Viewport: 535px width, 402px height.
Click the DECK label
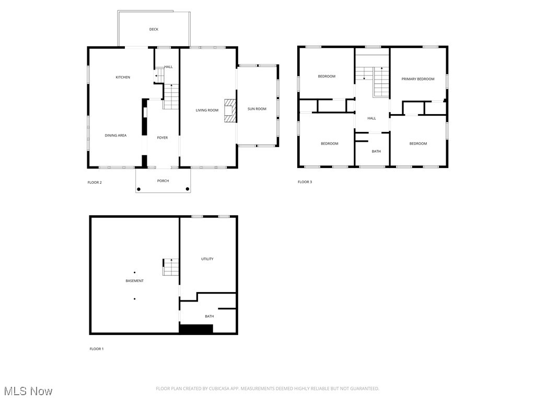(x=154, y=29)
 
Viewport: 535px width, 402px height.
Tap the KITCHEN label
(x=123, y=77)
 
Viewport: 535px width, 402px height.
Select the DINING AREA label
(x=115, y=136)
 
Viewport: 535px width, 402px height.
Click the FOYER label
(x=162, y=138)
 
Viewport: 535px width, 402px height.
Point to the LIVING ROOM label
(x=207, y=110)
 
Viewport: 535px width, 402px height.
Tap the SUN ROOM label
(x=257, y=109)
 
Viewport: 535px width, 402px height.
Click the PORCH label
(x=163, y=181)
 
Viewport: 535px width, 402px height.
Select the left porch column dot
(x=138, y=189)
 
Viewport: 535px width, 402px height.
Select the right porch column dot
(x=188, y=189)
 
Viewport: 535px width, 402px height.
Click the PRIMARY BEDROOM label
(x=417, y=79)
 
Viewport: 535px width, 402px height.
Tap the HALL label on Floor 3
(x=371, y=118)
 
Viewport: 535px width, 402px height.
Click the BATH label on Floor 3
(x=376, y=151)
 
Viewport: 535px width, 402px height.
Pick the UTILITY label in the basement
(x=207, y=259)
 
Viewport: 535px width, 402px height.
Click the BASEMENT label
(x=134, y=281)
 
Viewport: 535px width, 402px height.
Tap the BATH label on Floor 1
(x=209, y=316)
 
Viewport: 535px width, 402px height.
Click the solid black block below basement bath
(x=196, y=329)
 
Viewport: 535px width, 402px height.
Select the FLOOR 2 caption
(x=95, y=182)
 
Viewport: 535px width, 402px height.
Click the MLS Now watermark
(x=28, y=391)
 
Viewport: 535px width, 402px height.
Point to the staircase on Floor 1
(x=171, y=267)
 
